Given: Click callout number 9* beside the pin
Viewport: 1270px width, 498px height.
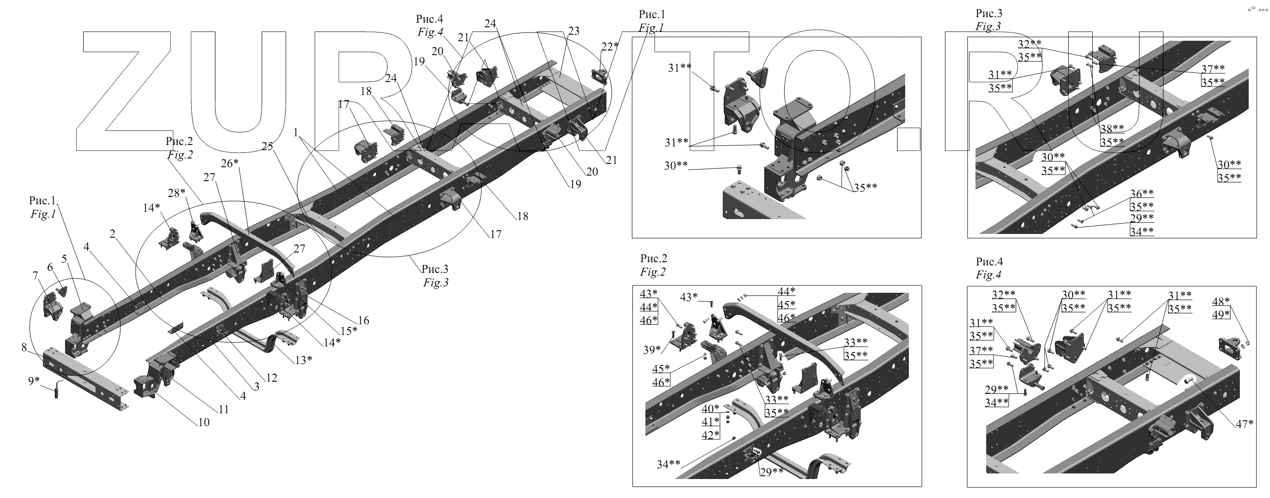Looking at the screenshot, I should [33, 381].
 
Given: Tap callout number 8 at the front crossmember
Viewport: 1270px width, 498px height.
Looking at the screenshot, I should [24, 347].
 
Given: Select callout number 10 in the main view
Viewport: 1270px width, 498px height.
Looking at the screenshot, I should [204, 422].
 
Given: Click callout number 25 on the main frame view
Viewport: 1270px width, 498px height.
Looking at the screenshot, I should [267, 146].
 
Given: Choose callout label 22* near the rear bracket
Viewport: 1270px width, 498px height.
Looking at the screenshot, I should [609, 46].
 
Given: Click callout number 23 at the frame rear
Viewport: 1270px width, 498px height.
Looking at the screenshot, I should [573, 31].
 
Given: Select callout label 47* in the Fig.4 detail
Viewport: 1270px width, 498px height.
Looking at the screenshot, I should [1245, 423].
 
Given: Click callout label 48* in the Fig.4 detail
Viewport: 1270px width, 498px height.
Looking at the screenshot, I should [1221, 301].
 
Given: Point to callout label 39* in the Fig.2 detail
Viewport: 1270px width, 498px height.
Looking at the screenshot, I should [652, 350].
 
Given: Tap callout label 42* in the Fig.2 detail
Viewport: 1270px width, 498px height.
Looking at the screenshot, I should [710, 435].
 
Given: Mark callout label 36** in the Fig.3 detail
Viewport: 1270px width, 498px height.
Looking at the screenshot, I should [1142, 193].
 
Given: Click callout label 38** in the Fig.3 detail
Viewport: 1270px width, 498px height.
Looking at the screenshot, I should [1112, 129].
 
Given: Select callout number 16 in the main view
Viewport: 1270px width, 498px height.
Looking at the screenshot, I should [363, 321].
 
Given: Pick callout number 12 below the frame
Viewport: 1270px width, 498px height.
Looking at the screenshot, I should [271, 378].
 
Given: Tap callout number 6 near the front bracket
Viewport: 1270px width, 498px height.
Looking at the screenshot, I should [50, 267].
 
